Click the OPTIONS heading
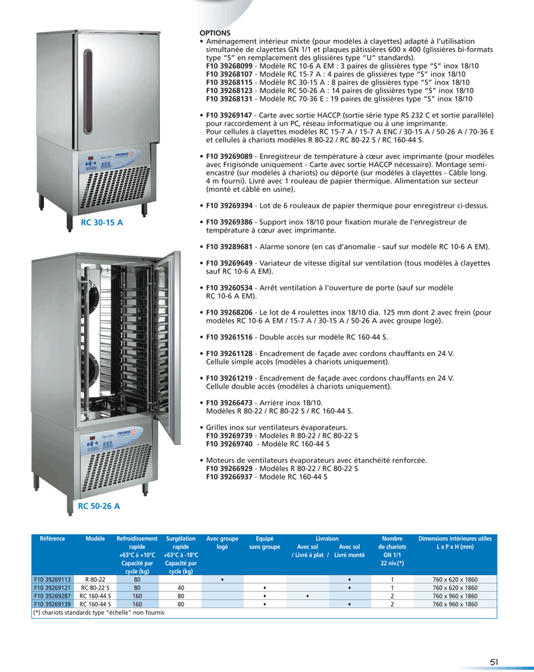click(x=215, y=33)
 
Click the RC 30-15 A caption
click(x=101, y=222)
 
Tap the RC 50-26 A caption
click(x=99, y=507)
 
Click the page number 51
click(x=495, y=661)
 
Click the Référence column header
click(x=52, y=538)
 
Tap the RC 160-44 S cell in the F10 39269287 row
click(x=95, y=595)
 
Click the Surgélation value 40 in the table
click(x=180, y=587)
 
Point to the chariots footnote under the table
click(x=99, y=613)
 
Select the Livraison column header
click(x=328, y=538)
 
